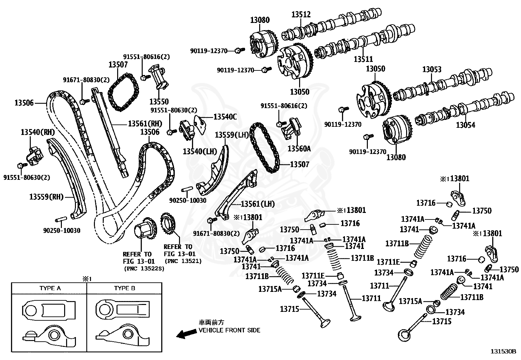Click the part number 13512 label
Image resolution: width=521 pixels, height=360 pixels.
(301, 14)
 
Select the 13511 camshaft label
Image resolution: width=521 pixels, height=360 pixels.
(363, 59)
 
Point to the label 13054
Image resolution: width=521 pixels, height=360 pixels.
(465, 125)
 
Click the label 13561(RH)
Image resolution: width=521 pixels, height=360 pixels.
(145, 123)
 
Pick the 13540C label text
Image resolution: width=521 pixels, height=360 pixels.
(225, 117)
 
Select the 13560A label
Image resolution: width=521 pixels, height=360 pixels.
(299, 149)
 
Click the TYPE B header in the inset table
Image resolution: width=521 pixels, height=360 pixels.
(124, 288)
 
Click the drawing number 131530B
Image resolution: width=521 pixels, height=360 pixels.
(503, 351)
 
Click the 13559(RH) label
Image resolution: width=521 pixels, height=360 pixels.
(46, 197)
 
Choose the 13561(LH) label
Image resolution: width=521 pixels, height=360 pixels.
(258, 204)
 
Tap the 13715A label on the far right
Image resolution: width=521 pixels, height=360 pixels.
(410, 301)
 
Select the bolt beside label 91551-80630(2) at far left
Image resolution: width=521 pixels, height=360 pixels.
(22, 166)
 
